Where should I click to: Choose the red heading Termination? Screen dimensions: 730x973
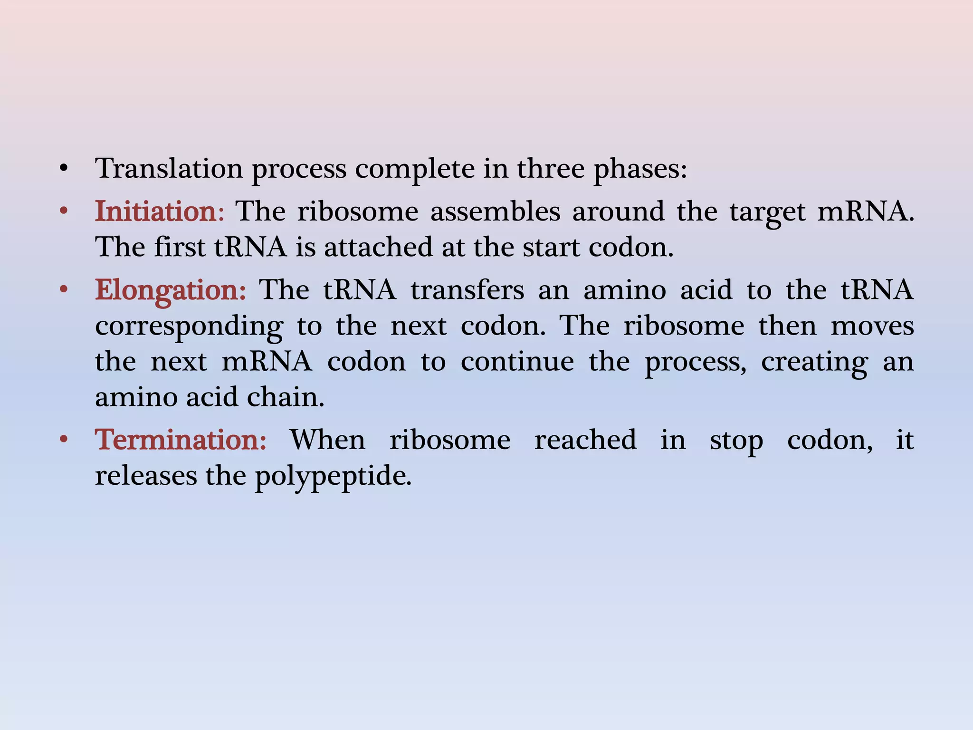click(x=181, y=440)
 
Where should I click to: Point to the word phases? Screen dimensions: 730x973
click(x=640, y=169)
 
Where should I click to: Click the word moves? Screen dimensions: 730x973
click(x=872, y=326)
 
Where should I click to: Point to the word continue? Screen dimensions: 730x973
click(x=517, y=362)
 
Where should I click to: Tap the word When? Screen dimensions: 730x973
click(x=328, y=440)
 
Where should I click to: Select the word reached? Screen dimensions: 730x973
click(x=585, y=440)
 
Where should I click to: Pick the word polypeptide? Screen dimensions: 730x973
click(x=333, y=476)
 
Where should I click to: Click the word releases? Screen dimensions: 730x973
click(x=146, y=476)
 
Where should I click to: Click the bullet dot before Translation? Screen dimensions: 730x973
click(x=64, y=169)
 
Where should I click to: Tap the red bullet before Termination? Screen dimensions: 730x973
click(x=64, y=440)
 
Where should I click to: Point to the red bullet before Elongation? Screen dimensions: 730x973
click(x=64, y=290)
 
